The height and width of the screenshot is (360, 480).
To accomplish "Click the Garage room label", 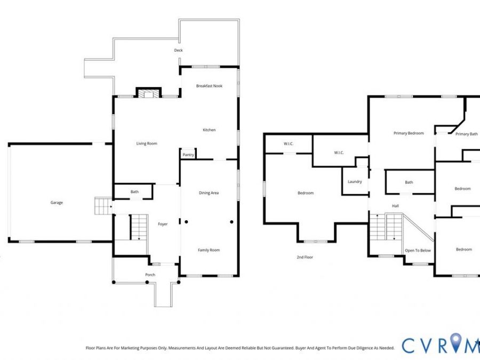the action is [57, 203].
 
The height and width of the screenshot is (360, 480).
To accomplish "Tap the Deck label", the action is [178, 50].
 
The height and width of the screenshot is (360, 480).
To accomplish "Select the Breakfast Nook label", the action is [210, 86].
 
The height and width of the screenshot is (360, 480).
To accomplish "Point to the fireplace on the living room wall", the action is [148, 93].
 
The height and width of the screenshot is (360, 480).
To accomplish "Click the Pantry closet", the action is [188, 154].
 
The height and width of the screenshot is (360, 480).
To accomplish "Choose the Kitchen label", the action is [210, 130].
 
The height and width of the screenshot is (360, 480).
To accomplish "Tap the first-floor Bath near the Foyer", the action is [133, 191].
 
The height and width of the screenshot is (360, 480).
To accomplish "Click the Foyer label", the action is [163, 224].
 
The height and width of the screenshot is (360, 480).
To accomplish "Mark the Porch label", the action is [150, 275].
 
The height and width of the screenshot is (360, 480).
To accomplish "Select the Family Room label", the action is [209, 250].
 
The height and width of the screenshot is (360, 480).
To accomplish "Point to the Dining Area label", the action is [209, 193].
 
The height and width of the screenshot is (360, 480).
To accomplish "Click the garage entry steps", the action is [103, 206].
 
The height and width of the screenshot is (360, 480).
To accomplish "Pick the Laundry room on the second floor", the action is [355, 181].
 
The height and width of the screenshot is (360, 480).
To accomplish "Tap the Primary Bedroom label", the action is [409, 133].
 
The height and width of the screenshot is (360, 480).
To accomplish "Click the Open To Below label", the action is [418, 251].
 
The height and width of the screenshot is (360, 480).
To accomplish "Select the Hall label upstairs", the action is [395, 206].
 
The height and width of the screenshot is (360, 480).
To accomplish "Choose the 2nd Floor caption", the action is [305, 258].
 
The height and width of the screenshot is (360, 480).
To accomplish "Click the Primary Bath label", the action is [467, 134].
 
